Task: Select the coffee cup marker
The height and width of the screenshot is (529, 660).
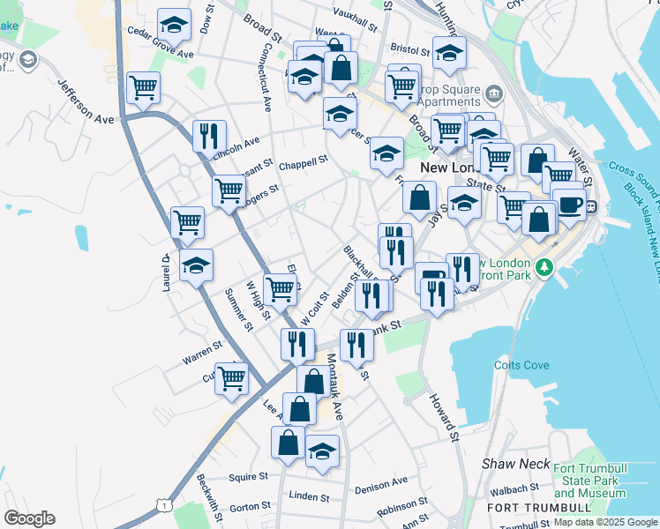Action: pos(569,204)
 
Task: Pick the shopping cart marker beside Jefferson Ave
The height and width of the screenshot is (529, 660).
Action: pos(143,87)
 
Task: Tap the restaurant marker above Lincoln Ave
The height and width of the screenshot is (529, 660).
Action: pos(209,136)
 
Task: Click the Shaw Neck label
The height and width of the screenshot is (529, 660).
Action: pos(515,463)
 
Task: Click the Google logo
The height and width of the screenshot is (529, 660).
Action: pos(30,518)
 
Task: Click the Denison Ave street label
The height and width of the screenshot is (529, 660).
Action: pos(380,484)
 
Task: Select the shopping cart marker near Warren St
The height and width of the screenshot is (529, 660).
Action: pos(231,377)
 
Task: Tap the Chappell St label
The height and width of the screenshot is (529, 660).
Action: pos(303,161)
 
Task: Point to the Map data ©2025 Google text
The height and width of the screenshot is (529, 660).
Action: pos(604,522)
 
